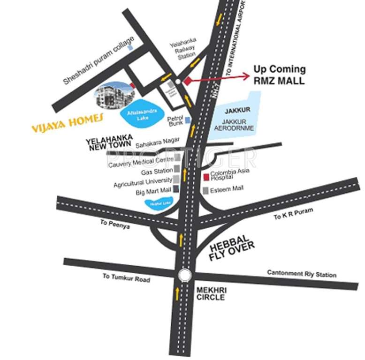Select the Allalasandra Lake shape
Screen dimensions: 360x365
point(139,113)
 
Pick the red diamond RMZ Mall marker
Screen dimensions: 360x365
point(188,81)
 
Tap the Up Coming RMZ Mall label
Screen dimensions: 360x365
point(279,75)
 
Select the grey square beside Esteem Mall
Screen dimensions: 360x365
point(205,190)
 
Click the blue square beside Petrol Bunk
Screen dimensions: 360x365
point(187,120)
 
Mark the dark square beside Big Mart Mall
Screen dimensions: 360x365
point(176,189)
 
